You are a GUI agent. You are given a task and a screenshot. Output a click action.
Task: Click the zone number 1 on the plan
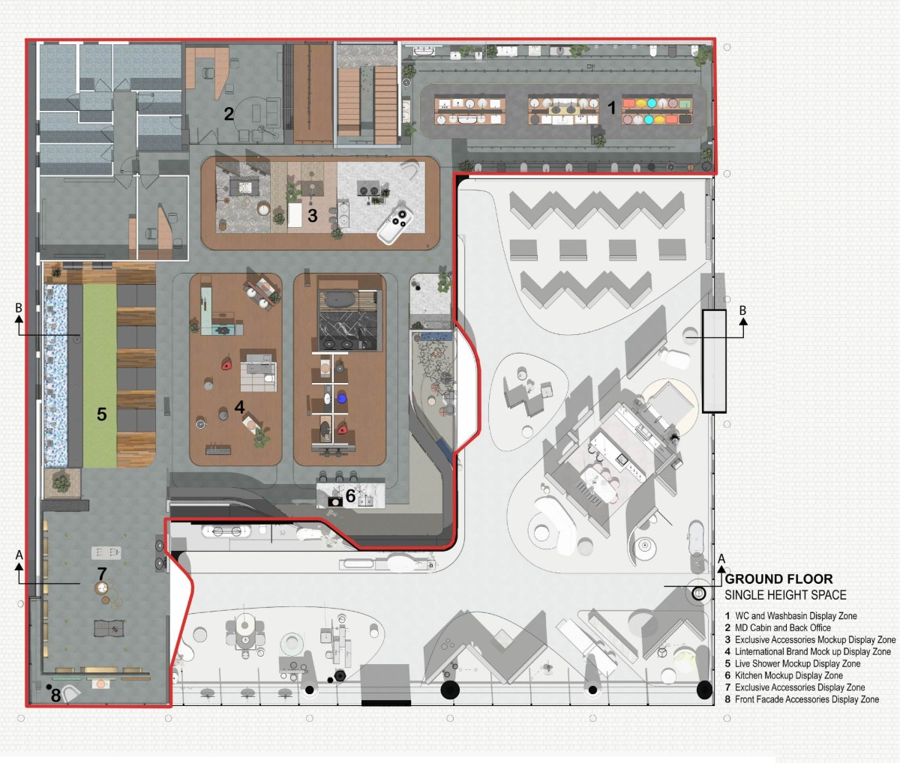(x=612, y=107)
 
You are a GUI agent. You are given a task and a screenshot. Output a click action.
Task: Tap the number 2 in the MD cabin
(x=229, y=114)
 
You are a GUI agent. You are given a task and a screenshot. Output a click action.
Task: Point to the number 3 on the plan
(x=313, y=216)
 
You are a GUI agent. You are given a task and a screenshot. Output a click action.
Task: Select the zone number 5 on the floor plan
(x=101, y=414)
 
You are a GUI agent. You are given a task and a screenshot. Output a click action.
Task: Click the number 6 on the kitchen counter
(x=350, y=495)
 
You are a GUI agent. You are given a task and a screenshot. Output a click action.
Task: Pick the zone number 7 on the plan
(x=102, y=573)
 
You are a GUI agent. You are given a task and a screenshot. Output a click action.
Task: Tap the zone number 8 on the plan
(x=55, y=696)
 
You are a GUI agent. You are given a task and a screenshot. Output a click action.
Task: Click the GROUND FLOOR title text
(x=778, y=579)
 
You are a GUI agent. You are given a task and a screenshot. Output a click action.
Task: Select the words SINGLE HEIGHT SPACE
(x=785, y=595)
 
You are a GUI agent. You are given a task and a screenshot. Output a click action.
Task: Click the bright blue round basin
(x=342, y=398)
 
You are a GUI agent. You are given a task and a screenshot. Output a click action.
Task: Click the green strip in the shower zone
(x=100, y=376)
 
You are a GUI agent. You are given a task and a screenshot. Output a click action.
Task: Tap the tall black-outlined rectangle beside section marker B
(x=714, y=361)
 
